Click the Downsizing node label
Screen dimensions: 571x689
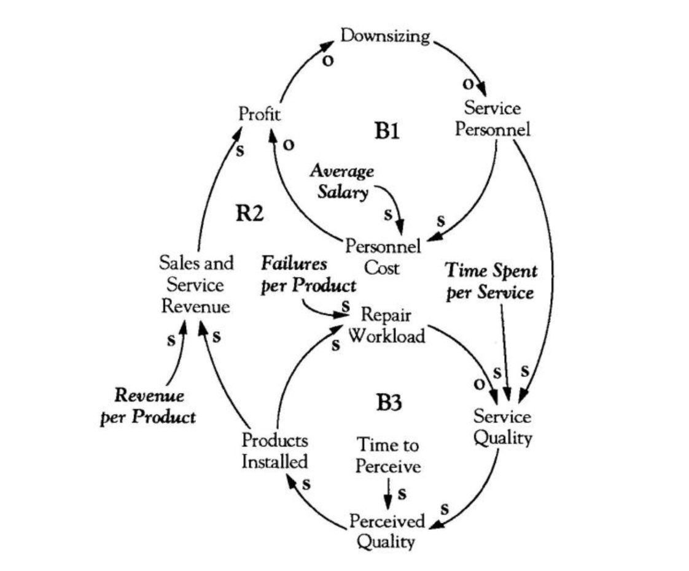point(385,36)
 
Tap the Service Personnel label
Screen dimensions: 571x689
point(492,119)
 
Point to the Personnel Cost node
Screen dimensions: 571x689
point(383,257)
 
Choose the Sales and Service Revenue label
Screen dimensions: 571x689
point(196,285)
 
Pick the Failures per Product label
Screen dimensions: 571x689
point(308,275)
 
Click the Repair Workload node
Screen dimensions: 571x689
point(386,325)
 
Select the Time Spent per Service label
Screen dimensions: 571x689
point(491,282)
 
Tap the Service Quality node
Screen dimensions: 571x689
point(502,427)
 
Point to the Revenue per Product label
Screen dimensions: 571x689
point(148,407)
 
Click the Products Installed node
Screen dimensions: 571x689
point(274,451)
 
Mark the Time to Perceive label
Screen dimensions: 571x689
point(388,454)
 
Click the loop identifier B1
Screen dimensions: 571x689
point(387,131)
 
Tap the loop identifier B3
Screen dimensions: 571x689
point(388,404)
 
